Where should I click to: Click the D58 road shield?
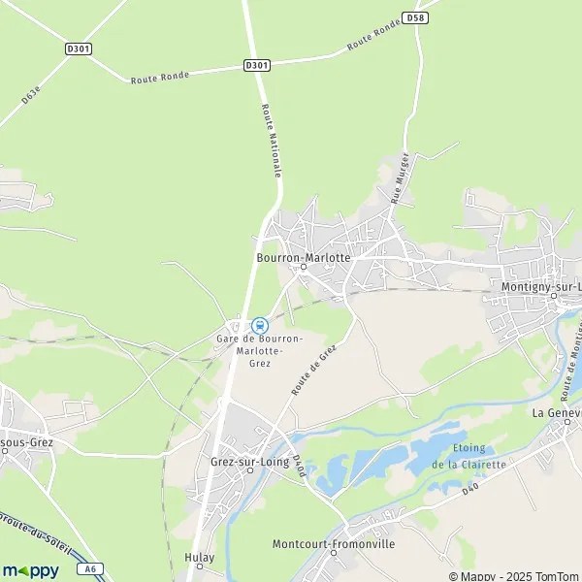[415, 17]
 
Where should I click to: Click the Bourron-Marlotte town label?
[302, 258]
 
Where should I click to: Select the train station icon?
[259, 325]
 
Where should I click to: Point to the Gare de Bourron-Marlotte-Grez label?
[259, 350]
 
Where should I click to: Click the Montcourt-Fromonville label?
[334, 544]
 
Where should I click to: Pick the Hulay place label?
[199, 557]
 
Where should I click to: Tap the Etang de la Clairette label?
[469, 456]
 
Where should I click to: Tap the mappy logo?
[30, 570]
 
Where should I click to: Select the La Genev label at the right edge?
[556, 412]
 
